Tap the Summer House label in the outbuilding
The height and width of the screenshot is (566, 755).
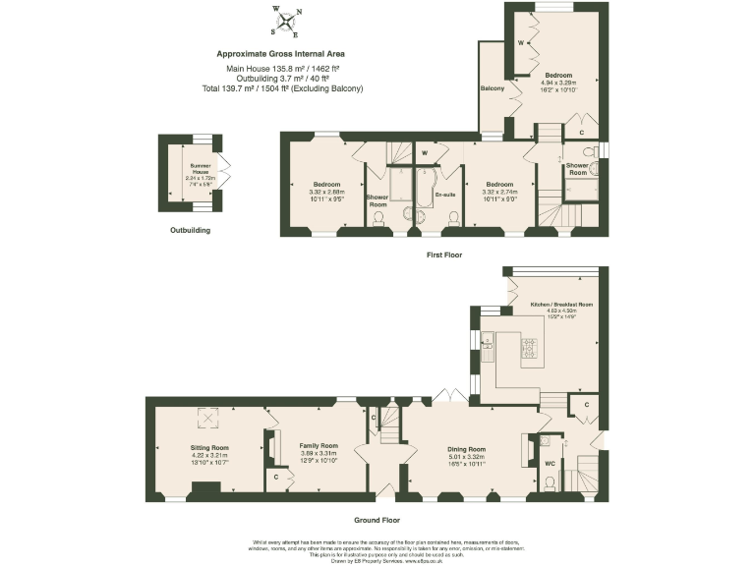click(x=201, y=169)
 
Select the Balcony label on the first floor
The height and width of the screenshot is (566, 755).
click(x=493, y=88)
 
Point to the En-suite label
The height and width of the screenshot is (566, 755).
click(x=444, y=195)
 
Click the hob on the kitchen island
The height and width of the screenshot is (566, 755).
click(x=530, y=347)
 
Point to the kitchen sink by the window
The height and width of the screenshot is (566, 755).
click(x=488, y=351)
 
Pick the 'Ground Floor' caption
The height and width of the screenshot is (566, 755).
click(x=377, y=521)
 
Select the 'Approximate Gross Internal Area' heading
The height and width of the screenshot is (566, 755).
click(x=280, y=54)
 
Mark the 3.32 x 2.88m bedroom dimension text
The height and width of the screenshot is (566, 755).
click(x=326, y=193)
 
